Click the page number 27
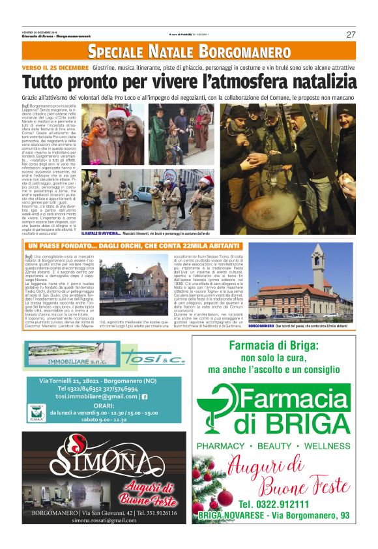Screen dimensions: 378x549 tap(351, 35)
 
